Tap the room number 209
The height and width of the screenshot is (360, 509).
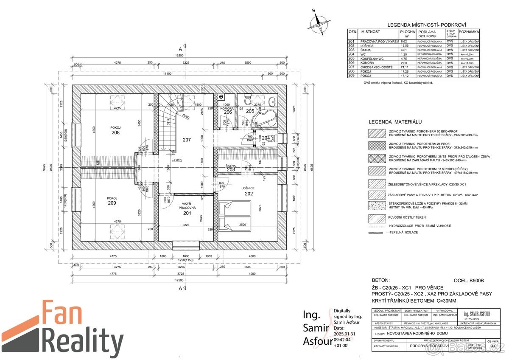tap(112, 203)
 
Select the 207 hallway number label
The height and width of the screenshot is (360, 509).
tap(187, 139)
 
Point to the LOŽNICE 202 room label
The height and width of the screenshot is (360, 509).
tap(249, 191)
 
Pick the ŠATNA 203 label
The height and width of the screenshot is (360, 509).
tap(231, 168)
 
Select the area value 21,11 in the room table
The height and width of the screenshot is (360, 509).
tap(405, 67)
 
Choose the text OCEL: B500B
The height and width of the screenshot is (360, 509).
tap(469, 281)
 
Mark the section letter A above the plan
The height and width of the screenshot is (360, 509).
tap(180, 49)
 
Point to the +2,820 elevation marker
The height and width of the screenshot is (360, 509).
tap(177, 160)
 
